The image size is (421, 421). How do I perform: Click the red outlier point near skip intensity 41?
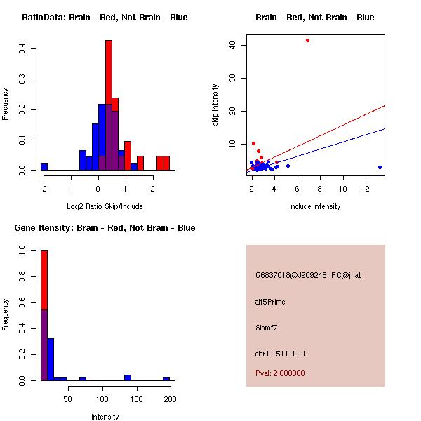point(307,40)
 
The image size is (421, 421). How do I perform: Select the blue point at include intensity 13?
point(380,167)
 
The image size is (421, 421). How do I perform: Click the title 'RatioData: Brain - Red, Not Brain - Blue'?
point(105,17)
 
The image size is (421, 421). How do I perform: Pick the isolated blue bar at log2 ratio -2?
point(44,167)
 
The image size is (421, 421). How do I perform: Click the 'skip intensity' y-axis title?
point(215,105)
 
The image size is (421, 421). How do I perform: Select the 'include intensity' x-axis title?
point(315,206)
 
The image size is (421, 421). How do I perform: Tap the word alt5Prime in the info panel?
point(270,302)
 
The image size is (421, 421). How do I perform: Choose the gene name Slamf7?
point(267,327)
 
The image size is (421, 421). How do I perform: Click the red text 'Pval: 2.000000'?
point(280,373)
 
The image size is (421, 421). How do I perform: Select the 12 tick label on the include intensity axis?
point(366,189)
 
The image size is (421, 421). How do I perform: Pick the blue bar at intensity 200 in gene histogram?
point(166,379)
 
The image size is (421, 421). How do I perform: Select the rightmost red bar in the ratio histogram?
point(166,163)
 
